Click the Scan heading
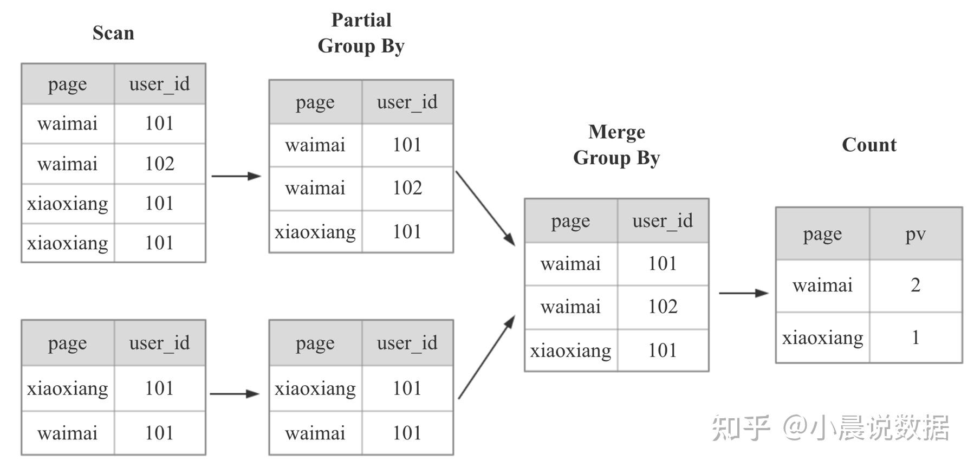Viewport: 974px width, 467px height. (113, 33)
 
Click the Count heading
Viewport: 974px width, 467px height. (869, 145)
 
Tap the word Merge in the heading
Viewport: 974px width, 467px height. (616, 132)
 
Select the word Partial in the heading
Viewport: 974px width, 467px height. (361, 20)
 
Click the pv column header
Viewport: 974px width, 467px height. (915, 234)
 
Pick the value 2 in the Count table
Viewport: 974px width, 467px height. (915, 285)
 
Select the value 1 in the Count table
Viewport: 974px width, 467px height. (915, 338)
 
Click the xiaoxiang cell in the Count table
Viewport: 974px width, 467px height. (822, 338)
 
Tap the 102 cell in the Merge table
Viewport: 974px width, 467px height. (663, 307)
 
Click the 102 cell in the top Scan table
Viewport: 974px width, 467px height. (159, 164)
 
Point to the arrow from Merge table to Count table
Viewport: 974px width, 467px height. (743, 293)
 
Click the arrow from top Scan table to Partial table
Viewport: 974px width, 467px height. (236, 176)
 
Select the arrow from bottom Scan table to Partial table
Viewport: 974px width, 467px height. (234, 394)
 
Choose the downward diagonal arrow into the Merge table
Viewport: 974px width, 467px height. (485, 208)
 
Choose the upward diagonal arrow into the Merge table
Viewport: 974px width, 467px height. (486, 358)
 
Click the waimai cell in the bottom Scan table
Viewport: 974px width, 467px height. (67, 433)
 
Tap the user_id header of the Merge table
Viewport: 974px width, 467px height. (663, 220)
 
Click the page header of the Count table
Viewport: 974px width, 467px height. (822, 234)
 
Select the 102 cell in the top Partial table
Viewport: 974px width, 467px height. (407, 188)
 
